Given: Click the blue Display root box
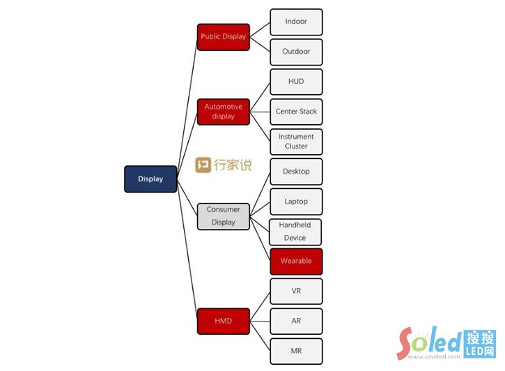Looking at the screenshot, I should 150,179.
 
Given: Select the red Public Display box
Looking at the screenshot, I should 223,37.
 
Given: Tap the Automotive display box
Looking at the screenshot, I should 223,112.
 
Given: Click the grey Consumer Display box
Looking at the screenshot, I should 223,216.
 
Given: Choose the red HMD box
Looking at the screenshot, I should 223,321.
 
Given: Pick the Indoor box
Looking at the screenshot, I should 296,22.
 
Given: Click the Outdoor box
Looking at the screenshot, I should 296,52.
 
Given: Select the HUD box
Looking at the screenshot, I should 296,82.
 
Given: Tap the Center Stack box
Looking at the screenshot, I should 296,112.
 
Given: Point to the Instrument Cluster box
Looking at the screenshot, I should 296,142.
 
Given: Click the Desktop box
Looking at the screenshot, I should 296,172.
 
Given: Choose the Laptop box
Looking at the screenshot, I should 296,202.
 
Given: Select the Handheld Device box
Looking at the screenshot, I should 296,232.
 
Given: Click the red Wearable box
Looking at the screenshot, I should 296,262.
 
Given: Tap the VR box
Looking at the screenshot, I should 296,291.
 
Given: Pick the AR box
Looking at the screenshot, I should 296,321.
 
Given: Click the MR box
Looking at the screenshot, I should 296,351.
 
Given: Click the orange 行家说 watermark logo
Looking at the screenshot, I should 223,165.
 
